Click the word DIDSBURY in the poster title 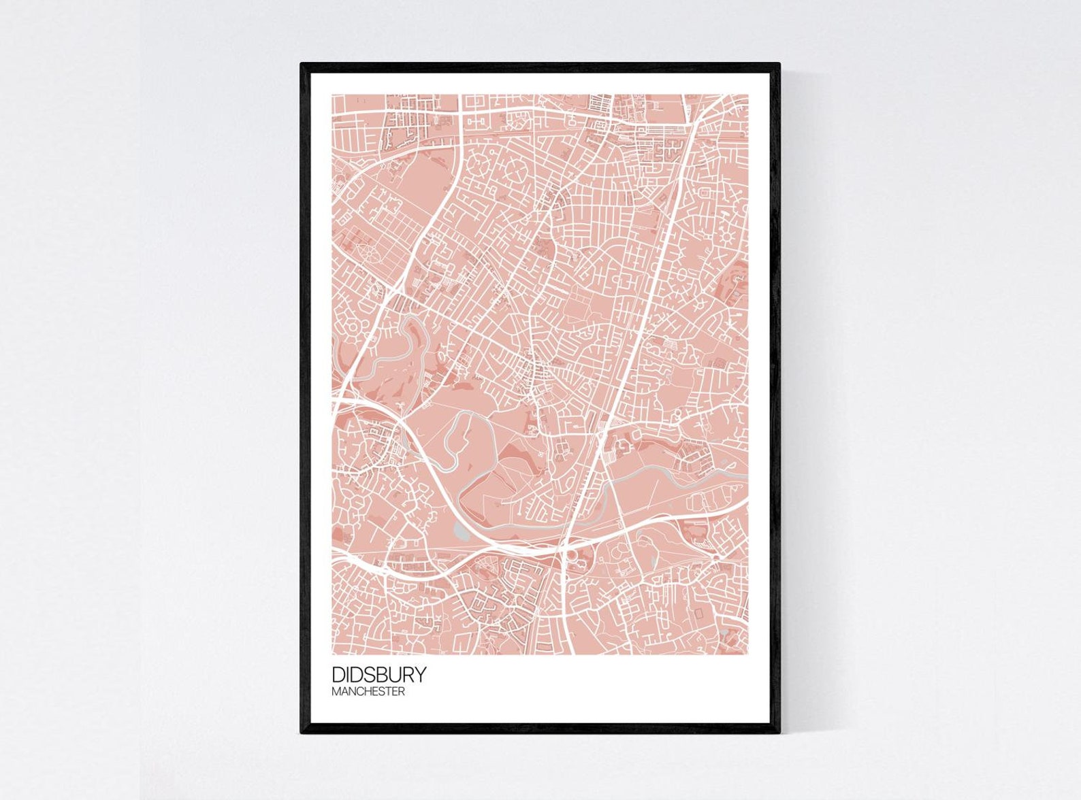pyautogui.click(x=379, y=674)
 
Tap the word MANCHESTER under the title pyautogui.click(x=368, y=692)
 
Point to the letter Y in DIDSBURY pyautogui.click(x=420, y=674)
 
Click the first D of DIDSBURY pyautogui.click(x=338, y=674)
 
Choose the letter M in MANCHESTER pyautogui.click(x=336, y=692)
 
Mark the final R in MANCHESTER pyautogui.click(x=402, y=692)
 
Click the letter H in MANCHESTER pyautogui.click(x=368, y=692)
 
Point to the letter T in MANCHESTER pyautogui.click(x=388, y=692)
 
